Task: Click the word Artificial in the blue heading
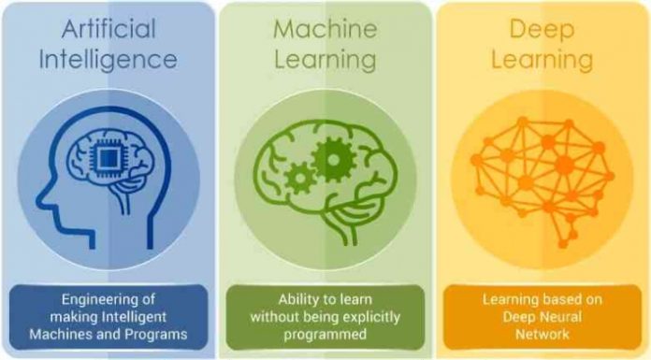108,29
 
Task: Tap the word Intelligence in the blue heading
108,61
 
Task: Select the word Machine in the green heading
325,29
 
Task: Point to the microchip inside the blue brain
108,158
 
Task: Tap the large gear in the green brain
334,160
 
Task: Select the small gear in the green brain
300,179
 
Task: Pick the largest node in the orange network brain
565,165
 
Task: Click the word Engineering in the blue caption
108,300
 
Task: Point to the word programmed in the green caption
325,335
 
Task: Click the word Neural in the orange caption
561,317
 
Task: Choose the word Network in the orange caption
542,334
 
